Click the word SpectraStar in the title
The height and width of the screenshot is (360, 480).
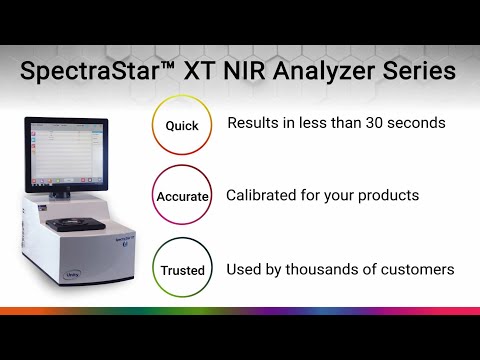tap(98, 72)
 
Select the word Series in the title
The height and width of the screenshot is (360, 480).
tap(421, 72)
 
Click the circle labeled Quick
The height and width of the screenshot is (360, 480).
tap(180, 127)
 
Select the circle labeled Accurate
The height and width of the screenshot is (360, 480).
tap(180, 197)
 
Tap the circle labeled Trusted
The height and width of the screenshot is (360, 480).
tap(180, 270)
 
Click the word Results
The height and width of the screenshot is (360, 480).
tap(254, 125)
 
